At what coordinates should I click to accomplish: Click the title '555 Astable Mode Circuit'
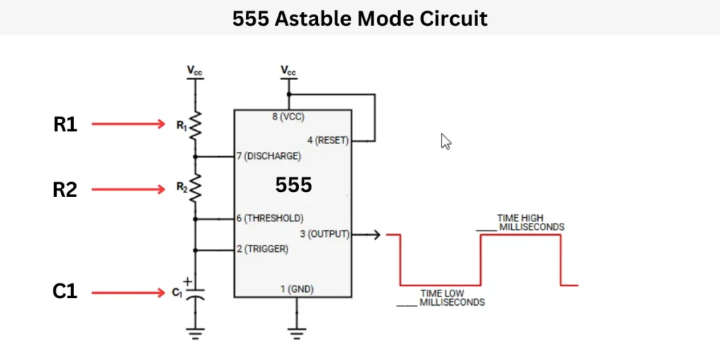[359, 18]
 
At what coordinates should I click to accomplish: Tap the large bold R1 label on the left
[65, 124]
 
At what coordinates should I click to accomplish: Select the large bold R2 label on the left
[65, 190]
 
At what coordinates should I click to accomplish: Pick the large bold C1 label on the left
[65, 291]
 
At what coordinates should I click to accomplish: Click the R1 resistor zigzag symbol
[195, 125]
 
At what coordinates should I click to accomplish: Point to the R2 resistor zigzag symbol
[195, 187]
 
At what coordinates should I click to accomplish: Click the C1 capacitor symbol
[195, 292]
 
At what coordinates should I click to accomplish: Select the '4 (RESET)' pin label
[327, 140]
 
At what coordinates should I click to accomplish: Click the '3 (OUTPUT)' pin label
[328, 234]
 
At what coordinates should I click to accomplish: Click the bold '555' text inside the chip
[293, 186]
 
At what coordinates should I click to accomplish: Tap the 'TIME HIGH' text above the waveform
[520, 218]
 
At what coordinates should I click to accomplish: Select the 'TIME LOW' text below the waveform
[442, 293]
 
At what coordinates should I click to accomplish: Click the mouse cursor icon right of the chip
[445, 141]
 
